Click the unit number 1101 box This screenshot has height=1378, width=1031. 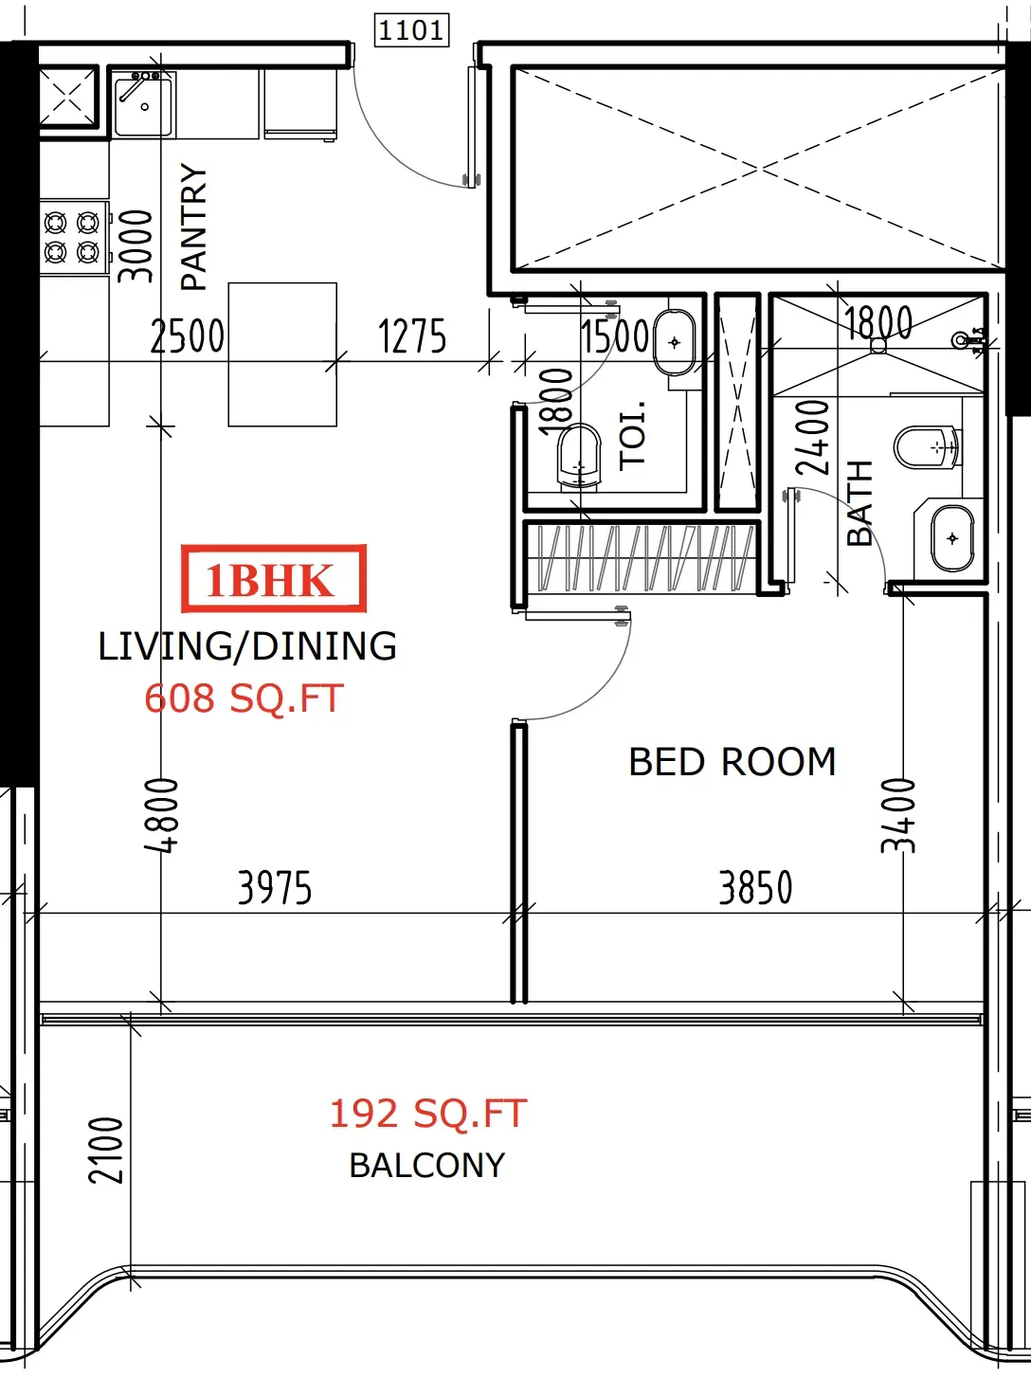coord(411,29)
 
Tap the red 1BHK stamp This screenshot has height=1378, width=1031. coord(274,578)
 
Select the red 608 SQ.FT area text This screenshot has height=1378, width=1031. coord(244,698)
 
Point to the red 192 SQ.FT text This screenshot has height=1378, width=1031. coord(428,1114)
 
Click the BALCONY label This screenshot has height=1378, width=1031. coord(427,1165)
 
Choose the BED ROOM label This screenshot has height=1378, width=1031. coord(733,762)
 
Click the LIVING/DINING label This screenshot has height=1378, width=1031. coord(247,646)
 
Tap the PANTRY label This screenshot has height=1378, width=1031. coord(193,227)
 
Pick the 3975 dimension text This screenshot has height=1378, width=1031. coord(275,888)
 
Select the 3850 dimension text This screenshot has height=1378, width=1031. coord(755,888)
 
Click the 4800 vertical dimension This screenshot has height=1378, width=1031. coord(161,815)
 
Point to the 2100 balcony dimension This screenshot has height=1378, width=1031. coord(105,1151)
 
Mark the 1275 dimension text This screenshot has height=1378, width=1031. coord(412,335)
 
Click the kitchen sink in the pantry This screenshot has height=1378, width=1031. coord(143,104)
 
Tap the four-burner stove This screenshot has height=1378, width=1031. coord(72,237)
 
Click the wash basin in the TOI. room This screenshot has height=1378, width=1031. coord(675,343)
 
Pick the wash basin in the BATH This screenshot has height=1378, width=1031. coord(952,538)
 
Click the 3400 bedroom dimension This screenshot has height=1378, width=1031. coord(898,815)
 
